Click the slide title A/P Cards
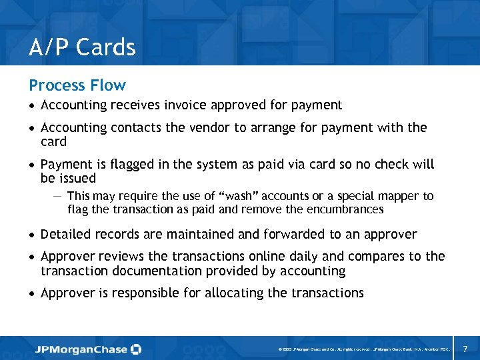point(82,47)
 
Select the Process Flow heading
point(77,85)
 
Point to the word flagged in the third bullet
point(132,164)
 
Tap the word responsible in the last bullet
point(147,293)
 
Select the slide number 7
point(465,349)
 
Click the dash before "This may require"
point(57,195)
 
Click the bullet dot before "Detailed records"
point(31,235)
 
